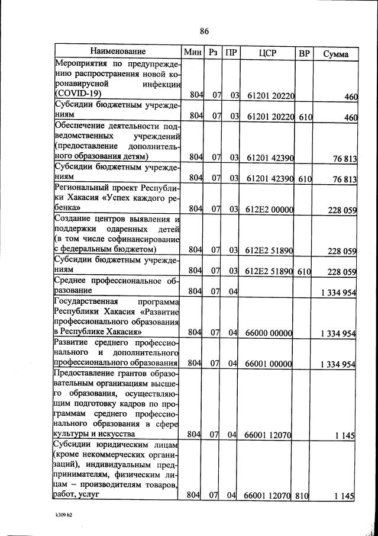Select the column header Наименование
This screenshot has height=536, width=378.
click(x=118, y=52)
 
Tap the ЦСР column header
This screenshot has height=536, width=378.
click(x=268, y=53)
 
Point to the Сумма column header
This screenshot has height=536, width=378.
click(x=335, y=53)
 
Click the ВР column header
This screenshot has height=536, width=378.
click(x=304, y=53)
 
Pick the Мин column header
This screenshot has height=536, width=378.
click(x=193, y=53)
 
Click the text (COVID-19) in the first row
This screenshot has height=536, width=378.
click(x=78, y=94)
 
